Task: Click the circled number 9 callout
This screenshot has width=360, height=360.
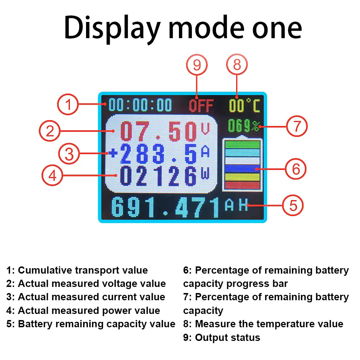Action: point(197,66)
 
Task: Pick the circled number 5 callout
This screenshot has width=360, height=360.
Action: point(293,206)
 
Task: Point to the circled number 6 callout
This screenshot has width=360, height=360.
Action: point(295,168)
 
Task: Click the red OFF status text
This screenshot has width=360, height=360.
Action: point(201,106)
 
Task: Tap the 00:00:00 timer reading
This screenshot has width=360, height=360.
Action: point(141,105)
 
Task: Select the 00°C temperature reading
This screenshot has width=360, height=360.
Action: point(244,105)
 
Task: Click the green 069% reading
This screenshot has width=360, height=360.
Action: point(243,126)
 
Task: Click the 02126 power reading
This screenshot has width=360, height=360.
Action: point(158,176)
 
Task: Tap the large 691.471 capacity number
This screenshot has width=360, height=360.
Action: point(166,208)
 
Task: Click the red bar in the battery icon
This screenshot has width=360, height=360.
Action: point(242,185)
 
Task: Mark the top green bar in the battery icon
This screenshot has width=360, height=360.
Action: point(242,144)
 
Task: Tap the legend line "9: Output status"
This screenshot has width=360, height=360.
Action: point(221,338)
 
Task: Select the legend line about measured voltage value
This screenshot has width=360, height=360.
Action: point(86,284)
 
